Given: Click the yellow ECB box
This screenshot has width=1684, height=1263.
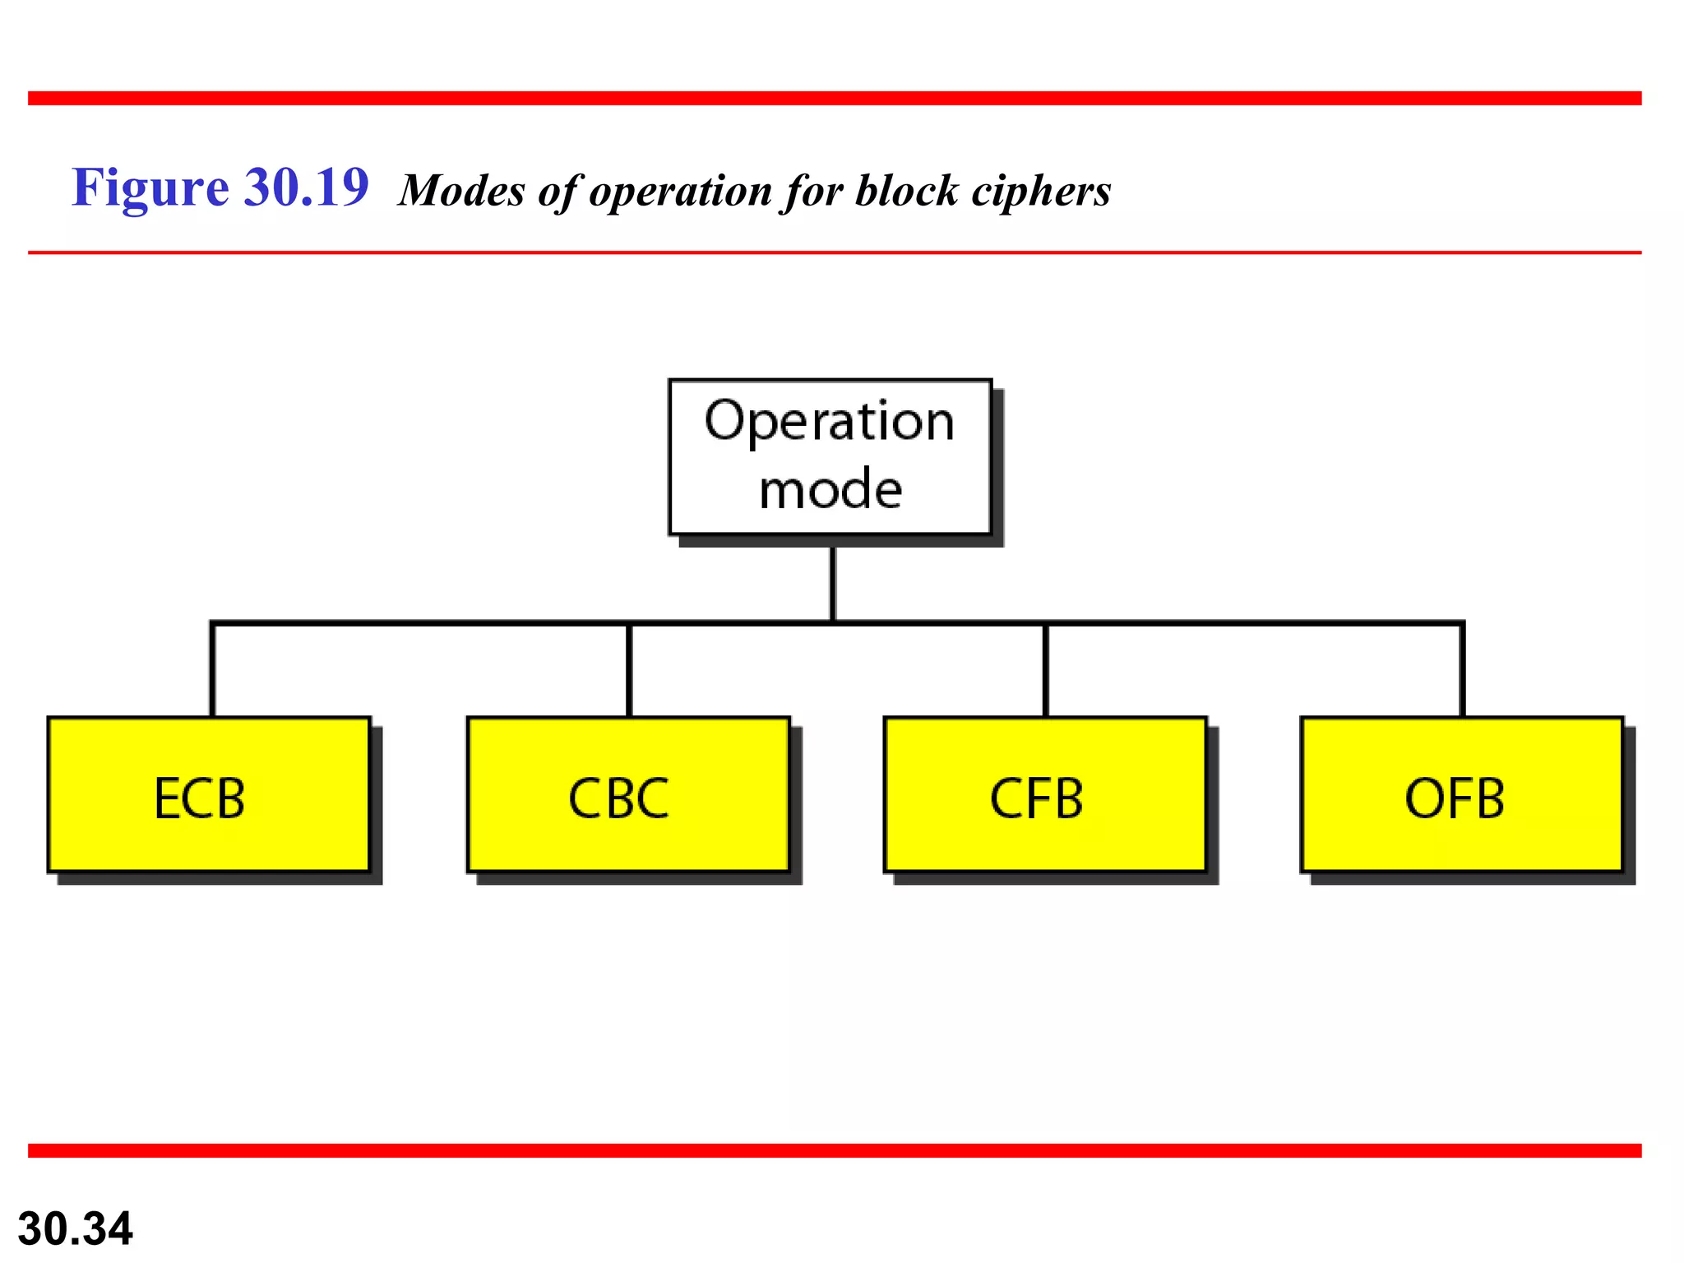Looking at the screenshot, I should pos(209,794).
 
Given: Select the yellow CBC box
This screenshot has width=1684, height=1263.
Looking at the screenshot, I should pos(628,794).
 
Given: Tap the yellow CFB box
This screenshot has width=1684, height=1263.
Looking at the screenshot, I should pos(1044,794).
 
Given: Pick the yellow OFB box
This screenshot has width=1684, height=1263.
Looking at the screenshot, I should pos(1461,794).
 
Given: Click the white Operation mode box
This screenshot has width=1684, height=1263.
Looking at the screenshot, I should pos(830,456).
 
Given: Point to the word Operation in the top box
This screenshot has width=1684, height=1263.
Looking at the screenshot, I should pos(830,421).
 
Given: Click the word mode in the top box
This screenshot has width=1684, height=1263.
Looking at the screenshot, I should pos(830,490).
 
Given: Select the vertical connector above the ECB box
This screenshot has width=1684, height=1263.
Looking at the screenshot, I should pos(212,670).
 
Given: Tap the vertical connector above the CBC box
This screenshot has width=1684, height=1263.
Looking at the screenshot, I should pos(629,670).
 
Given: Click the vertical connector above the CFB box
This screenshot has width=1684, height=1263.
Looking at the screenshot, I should pos(1045,670).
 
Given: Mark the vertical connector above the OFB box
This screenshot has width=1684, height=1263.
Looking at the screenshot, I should pos(1462,670).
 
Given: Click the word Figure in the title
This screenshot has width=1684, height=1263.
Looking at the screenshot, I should pos(150,187).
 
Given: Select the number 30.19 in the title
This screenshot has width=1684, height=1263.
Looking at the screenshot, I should pos(307,187).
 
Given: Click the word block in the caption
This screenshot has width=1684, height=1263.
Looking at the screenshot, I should pos(906,191).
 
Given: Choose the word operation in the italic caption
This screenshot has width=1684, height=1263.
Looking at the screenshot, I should pos(679,191).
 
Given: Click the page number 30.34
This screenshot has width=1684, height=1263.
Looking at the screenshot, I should pos(75,1228).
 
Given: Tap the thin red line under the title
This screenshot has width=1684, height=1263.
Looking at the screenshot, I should pos(835,252).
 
